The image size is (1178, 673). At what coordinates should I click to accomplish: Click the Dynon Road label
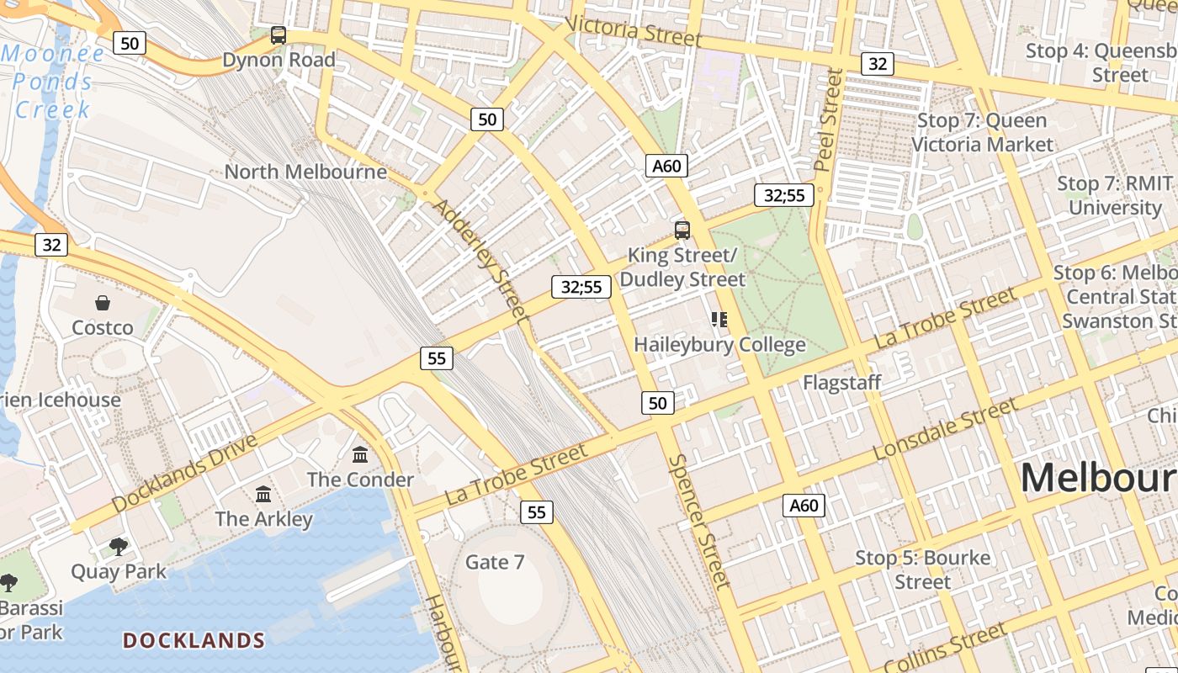[x=279, y=60]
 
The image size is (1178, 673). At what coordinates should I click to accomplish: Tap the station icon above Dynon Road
[x=279, y=35]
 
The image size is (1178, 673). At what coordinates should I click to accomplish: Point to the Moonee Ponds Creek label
[x=52, y=82]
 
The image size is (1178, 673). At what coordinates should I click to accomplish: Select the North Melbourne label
[x=305, y=172]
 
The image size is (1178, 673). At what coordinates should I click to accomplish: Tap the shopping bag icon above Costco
[x=103, y=303]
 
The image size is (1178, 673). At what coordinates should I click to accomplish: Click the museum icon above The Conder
[x=361, y=454]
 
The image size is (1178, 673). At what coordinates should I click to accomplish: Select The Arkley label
[x=264, y=519]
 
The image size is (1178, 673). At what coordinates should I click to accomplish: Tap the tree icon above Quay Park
[x=119, y=547]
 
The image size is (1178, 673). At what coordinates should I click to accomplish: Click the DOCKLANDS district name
[x=194, y=641]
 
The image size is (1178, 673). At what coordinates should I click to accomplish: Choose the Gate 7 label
[x=495, y=562]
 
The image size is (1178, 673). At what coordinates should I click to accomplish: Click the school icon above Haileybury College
[x=719, y=319]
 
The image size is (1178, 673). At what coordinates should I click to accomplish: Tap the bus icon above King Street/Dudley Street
[x=682, y=230]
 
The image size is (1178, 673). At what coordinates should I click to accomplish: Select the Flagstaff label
[x=841, y=383]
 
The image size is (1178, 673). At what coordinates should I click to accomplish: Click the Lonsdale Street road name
[x=946, y=429]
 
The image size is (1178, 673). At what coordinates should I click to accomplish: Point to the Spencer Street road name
[x=699, y=521]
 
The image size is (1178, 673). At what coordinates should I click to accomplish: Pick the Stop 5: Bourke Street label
[x=923, y=570]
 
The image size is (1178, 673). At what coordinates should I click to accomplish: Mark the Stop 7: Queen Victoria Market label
[x=982, y=132]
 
